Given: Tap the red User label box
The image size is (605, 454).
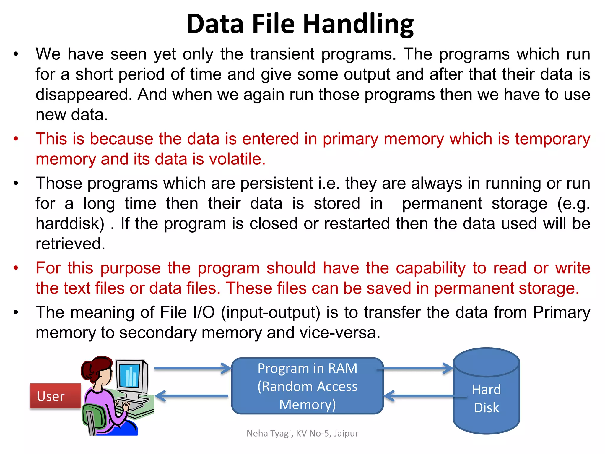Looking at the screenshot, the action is pyautogui.click(x=55, y=396).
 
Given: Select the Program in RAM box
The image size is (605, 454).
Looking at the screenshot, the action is pyautogui.click(x=307, y=386).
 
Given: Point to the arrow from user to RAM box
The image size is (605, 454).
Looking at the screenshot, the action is pyautogui.click(x=192, y=368).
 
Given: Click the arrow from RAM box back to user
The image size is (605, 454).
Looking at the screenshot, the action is pyautogui.click(x=192, y=396).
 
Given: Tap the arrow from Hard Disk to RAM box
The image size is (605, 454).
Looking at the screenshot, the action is pyautogui.click(x=419, y=396).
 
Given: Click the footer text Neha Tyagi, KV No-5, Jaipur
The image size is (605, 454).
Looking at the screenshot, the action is pyautogui.click(x=302, y=433).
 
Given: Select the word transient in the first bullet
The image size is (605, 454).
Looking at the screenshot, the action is pyautogui.click(x=282, y=54).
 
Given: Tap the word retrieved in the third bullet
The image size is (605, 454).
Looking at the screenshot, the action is pyautogui.click(x=70, y=244).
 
